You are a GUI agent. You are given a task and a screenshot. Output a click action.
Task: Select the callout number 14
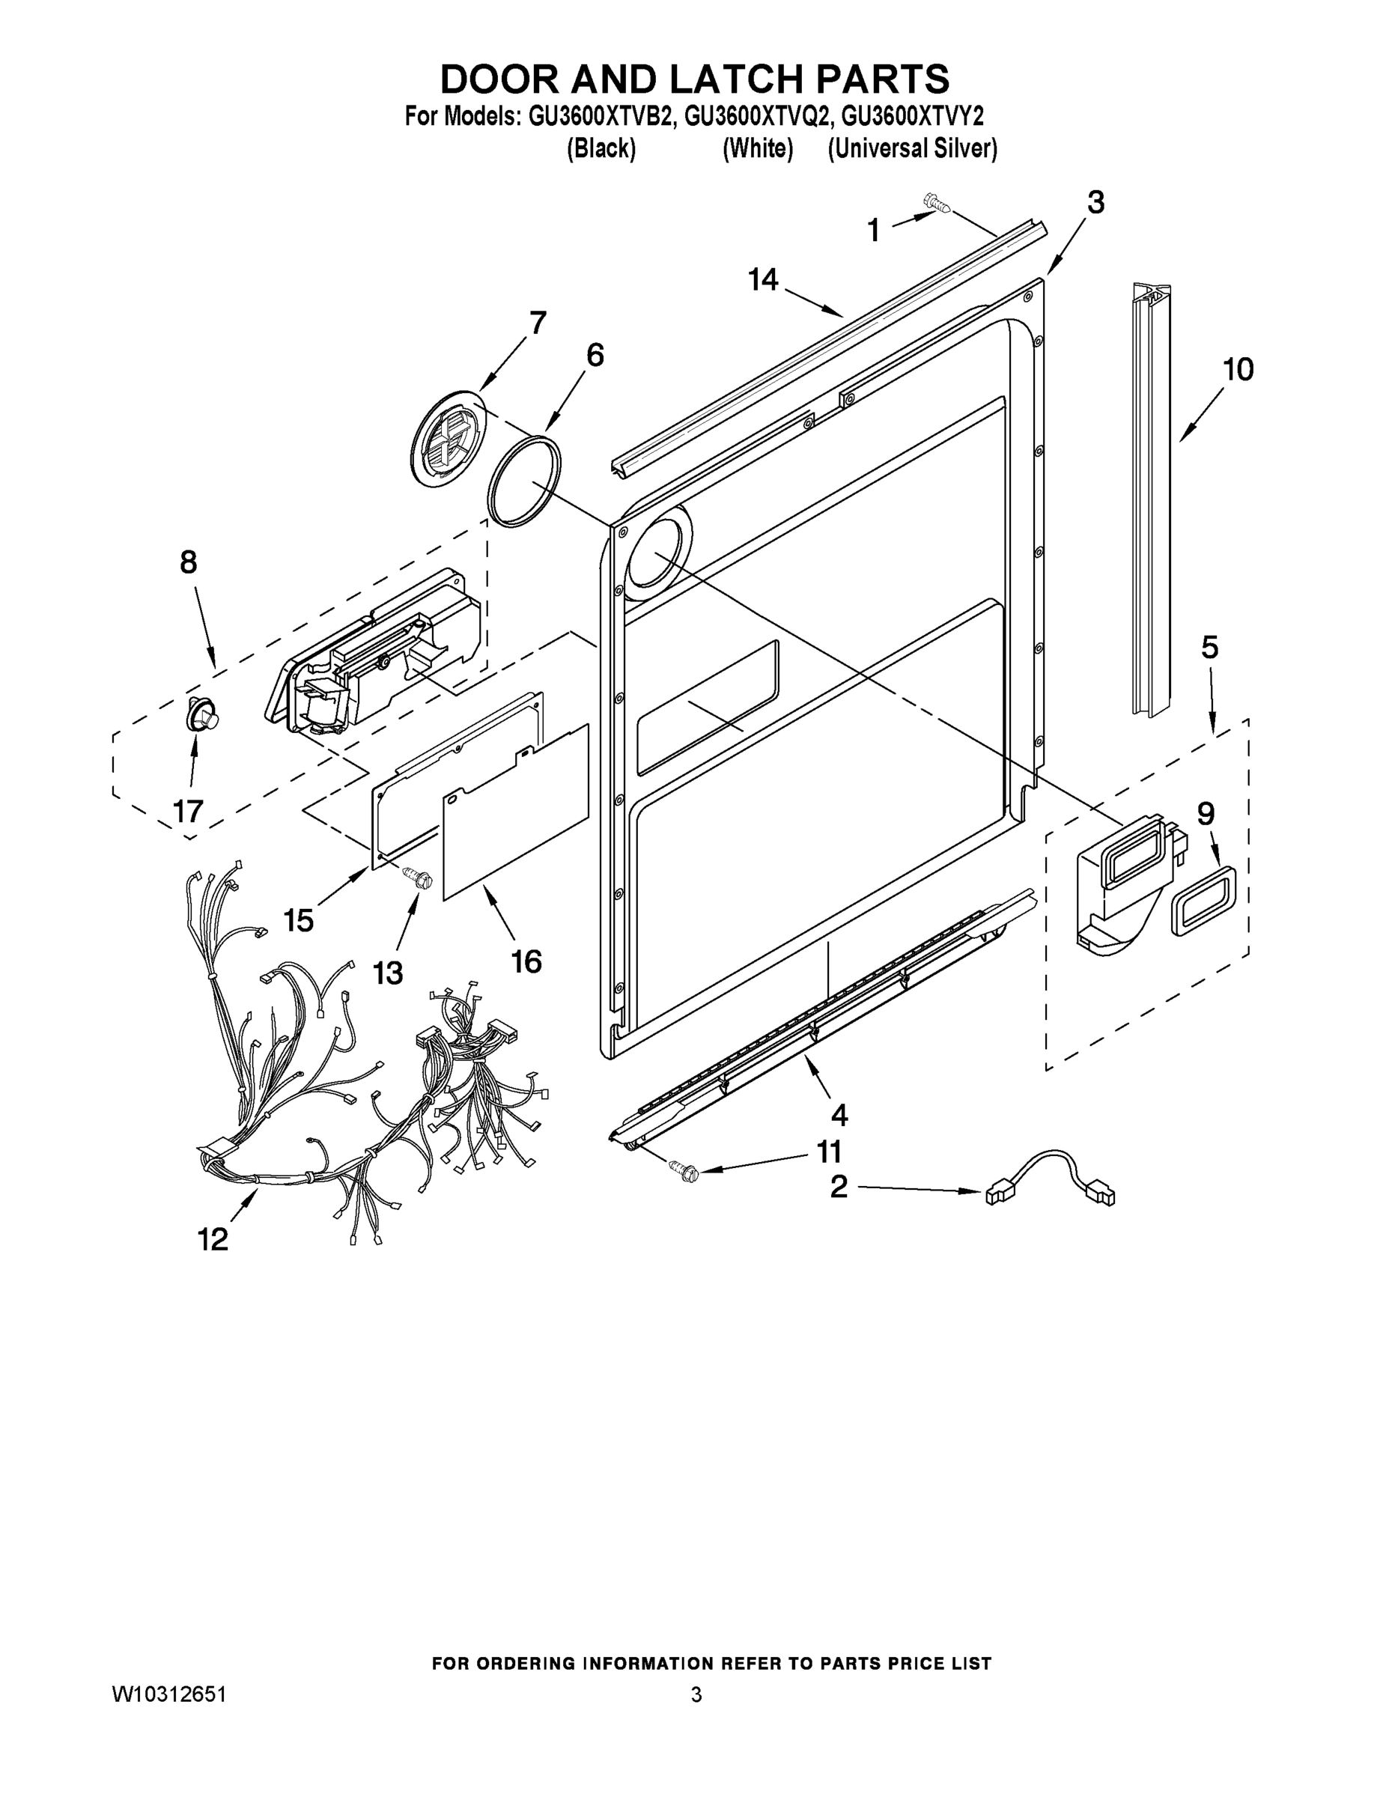(763, 280)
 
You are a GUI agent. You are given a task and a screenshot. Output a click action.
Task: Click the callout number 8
(189, 562)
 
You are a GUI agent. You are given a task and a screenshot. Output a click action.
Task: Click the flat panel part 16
(516, 812)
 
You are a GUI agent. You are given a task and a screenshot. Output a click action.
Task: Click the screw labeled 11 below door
(683, 1170)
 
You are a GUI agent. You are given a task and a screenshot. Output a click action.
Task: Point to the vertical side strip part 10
(1150, 502)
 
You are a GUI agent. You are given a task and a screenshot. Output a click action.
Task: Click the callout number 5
(1209, 648)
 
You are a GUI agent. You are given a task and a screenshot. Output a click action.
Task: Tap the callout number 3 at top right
(1095, 201)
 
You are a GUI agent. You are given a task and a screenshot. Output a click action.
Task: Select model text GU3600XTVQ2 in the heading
(755, 117)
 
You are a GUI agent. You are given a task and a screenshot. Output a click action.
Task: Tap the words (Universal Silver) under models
(912, 149)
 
